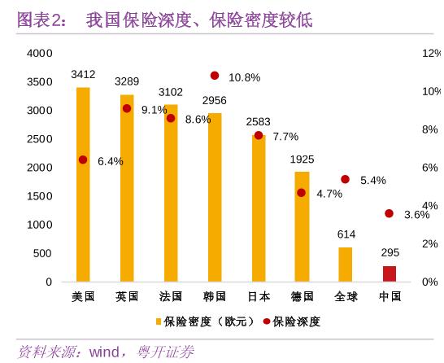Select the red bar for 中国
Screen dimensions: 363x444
click(390, 273)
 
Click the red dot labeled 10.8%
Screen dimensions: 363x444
click(215, 76)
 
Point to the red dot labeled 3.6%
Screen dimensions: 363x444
click(390, 213)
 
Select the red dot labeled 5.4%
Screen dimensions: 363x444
click(346, 179)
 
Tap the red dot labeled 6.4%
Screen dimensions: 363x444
click(83, 160)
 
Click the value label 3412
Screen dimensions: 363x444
click(83, 74)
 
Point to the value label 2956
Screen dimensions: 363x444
click(215, 100)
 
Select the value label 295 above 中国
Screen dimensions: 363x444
click(390, 253)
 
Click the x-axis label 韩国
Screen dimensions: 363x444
click(215, 296)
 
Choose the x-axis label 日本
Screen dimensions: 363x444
click(259, 296)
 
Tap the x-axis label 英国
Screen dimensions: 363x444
click(127, 296)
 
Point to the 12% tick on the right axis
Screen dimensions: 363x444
click(429, 53)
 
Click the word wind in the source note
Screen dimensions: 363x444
click(103, 352)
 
